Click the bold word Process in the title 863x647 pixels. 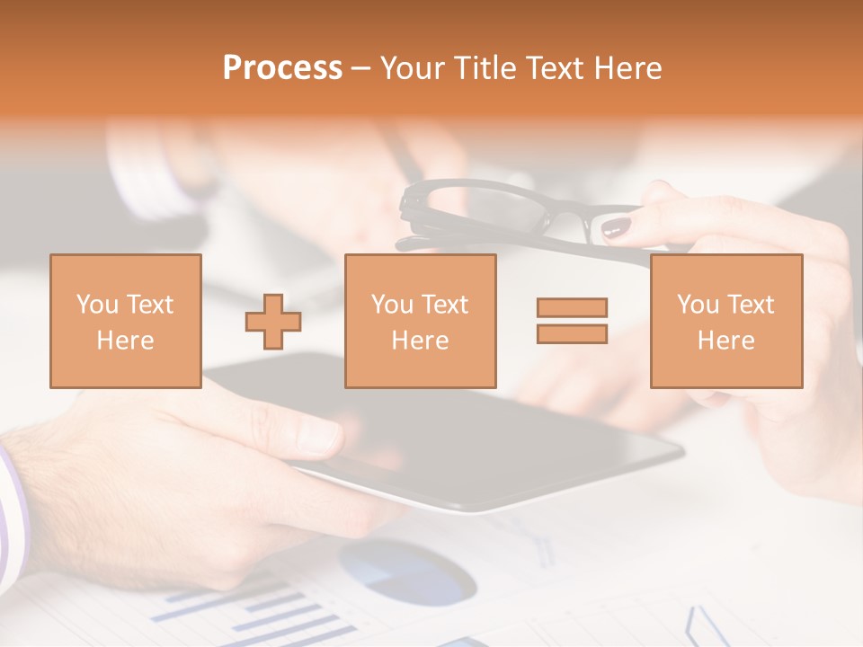[x=282, y=68]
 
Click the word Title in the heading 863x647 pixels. [x=485, y=68]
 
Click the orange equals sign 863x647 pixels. [x=572, y=321]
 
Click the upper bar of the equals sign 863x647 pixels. [x=572, y=308]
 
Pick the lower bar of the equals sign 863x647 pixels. [x=572, y=333]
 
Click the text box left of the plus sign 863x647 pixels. [x=125, y=321]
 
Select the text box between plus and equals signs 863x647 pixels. [x=420, y=321]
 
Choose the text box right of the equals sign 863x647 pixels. [x=725, y=321]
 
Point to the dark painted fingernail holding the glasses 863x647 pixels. [x=617, y=227]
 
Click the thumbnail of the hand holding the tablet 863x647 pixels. [x=316, y=436]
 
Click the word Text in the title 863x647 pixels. [x=554, y=68]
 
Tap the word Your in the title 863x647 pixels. [x=412, y=68]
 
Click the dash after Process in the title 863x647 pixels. [x=360, y=68]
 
